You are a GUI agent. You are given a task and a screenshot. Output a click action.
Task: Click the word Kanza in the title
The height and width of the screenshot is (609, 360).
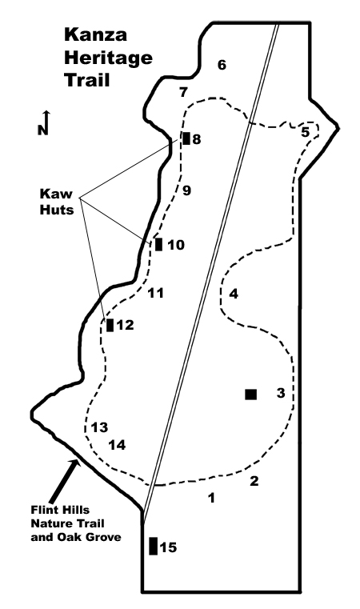[x=95, y=34]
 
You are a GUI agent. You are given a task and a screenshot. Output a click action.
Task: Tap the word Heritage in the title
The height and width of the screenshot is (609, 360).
[x=108, y=58]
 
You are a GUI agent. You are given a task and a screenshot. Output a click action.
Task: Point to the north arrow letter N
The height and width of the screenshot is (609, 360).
[x=42, y=130]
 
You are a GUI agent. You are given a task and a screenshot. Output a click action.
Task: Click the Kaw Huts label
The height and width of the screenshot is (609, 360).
[x=57, y=202]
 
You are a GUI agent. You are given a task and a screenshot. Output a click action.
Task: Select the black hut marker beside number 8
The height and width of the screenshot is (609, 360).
[x=186, y=138]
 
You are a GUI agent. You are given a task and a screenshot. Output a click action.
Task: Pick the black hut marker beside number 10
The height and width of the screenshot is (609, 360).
[x=158, y=245]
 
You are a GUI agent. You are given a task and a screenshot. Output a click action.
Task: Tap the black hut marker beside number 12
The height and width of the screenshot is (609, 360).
[x=110, y=325]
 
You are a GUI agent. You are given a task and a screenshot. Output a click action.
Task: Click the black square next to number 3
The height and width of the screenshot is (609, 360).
[x=251, y=395]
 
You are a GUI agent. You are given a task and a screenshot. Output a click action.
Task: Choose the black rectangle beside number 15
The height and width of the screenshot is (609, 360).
[x=154, y=546]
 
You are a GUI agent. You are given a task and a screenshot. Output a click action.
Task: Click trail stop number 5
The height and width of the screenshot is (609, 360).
[x=306, y=132]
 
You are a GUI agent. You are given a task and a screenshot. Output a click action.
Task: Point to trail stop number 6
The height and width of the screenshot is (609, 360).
[x=222, y=65]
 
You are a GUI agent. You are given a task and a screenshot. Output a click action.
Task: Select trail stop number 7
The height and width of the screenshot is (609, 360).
[x=183, y=93]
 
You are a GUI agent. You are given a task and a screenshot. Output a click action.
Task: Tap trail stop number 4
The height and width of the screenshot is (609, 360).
[x=234, y=294]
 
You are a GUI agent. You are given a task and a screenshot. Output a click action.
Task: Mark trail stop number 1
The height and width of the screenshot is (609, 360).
[x=212, y=498]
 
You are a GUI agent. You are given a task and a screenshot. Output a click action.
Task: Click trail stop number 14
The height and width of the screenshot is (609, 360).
[x=117, y=445]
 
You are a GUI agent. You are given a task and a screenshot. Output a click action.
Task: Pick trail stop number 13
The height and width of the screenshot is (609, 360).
[x=99, y=427]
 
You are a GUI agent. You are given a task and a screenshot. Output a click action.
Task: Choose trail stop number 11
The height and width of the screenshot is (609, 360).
[x=156, y=293]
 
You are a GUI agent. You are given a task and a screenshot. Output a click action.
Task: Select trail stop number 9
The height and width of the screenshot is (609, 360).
[x=186, y=190]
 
